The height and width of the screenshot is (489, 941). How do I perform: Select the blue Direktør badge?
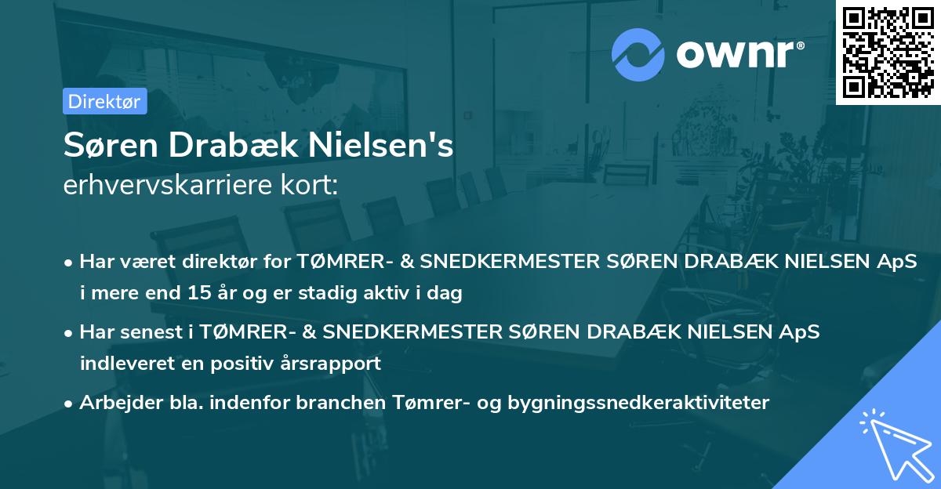click(104, 101)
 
